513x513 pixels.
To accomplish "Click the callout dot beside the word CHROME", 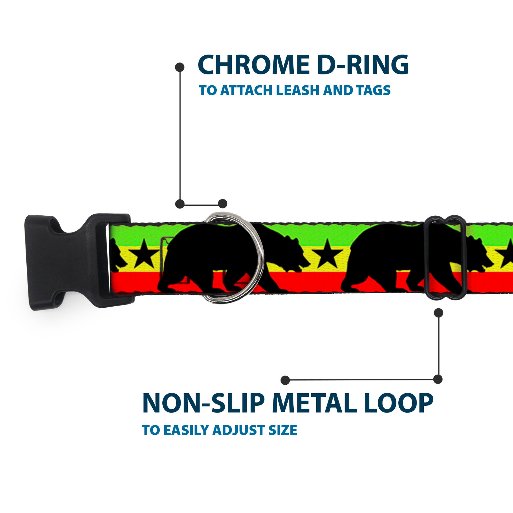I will (x=180, y=67).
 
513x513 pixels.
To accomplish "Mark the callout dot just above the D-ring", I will (x=222, y=204).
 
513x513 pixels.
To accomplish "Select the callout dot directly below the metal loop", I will (x=438, y=313).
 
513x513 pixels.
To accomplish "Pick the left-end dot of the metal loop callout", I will (x=285, y=380).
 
